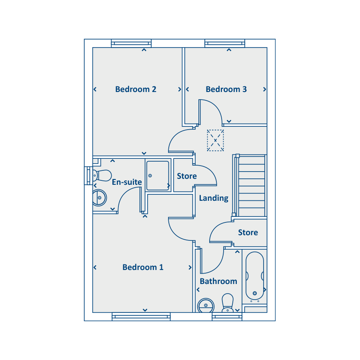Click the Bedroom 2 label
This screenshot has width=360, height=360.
[136, 89]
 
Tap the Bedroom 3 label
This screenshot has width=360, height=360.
[226, 89]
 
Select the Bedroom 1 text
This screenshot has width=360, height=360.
[143, 267]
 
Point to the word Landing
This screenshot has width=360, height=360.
[214, 198]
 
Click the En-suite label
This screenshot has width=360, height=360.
[127, 182]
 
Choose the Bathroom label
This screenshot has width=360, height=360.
[218, 281]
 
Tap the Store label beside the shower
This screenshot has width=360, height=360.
[187, 176]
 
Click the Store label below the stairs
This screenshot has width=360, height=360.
[248, 232]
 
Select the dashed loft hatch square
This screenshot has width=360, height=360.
[215, 140]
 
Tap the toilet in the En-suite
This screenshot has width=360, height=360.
[102, 176]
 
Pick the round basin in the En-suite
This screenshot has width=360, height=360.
[100, 198]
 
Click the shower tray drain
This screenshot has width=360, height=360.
[150, 176]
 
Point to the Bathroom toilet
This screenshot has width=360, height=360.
[228, 303]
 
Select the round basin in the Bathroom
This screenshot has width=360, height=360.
[206, 305]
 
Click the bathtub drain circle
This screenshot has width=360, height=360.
[255, 293]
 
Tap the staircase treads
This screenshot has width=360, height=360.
[252, 186]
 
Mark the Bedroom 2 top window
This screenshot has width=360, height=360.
[131, 43]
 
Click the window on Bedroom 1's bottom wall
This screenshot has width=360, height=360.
[141, 317]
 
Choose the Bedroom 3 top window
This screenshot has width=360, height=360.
[225, 43]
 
